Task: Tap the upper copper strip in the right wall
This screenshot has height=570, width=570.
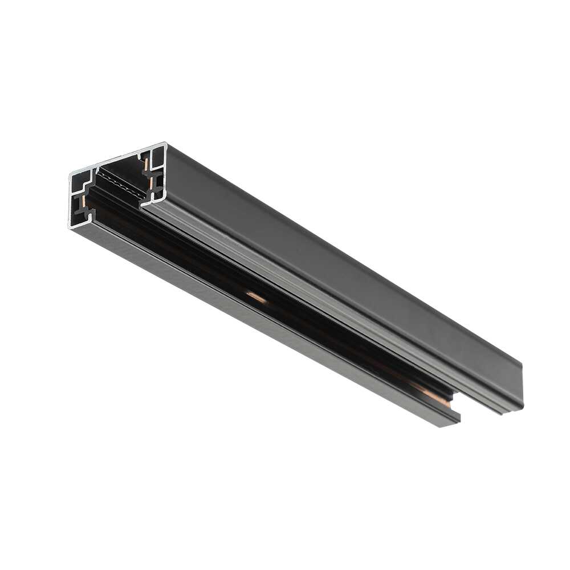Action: tap(147, 163)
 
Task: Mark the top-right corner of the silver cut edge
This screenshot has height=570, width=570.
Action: tap(165, 144)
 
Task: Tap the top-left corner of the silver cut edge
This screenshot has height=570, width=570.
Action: tap(71, 172)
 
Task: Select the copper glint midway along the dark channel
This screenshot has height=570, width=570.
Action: tap(256, 296)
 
